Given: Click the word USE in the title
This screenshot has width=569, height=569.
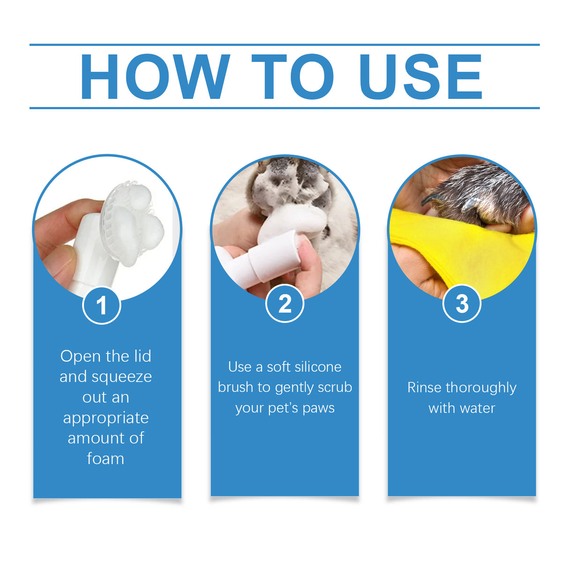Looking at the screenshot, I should [420, 76].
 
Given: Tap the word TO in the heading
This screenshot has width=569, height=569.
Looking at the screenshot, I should [292, 76].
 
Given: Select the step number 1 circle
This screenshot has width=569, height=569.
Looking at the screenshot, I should [102, 305].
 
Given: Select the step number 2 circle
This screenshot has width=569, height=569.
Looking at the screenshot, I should [284, 303].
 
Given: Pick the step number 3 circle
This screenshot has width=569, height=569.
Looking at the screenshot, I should [462, 303].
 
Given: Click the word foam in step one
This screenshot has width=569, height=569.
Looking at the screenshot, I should [105, 458].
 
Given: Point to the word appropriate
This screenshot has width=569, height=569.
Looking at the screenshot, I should [106, 418].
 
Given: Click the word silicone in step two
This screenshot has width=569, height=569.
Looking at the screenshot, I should [318, 367].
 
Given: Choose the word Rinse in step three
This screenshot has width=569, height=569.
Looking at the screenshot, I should [424, 387].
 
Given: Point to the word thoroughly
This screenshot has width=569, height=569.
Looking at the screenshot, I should [481, 388].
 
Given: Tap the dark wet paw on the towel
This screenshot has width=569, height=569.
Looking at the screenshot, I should [478, 195].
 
